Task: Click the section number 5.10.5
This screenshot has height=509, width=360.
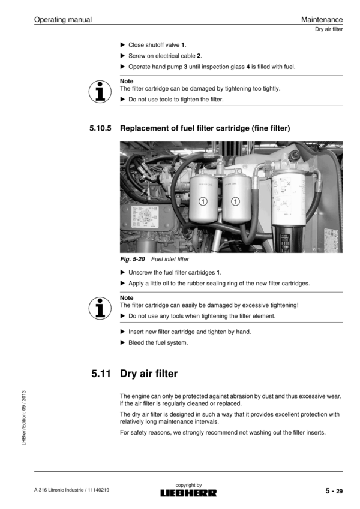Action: click(101, 128)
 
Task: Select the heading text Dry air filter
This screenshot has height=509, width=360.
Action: click(149, 374)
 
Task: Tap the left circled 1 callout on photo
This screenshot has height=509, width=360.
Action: click(204, 200)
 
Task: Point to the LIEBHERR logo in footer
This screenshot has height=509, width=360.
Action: click(188, 493)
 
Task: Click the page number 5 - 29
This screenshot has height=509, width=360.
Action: click(334, 492)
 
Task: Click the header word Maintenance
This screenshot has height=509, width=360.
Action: click(322, 20)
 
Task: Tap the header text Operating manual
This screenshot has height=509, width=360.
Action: click(63, 20)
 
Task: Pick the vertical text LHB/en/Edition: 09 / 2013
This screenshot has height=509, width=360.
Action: click(23, 420)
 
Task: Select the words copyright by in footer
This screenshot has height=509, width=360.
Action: click(188, 485)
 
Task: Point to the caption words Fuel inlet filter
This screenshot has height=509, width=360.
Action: click(170, 260)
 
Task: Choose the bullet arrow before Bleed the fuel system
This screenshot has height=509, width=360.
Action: click(123, 343)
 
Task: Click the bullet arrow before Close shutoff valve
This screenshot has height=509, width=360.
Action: click(123, 45)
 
